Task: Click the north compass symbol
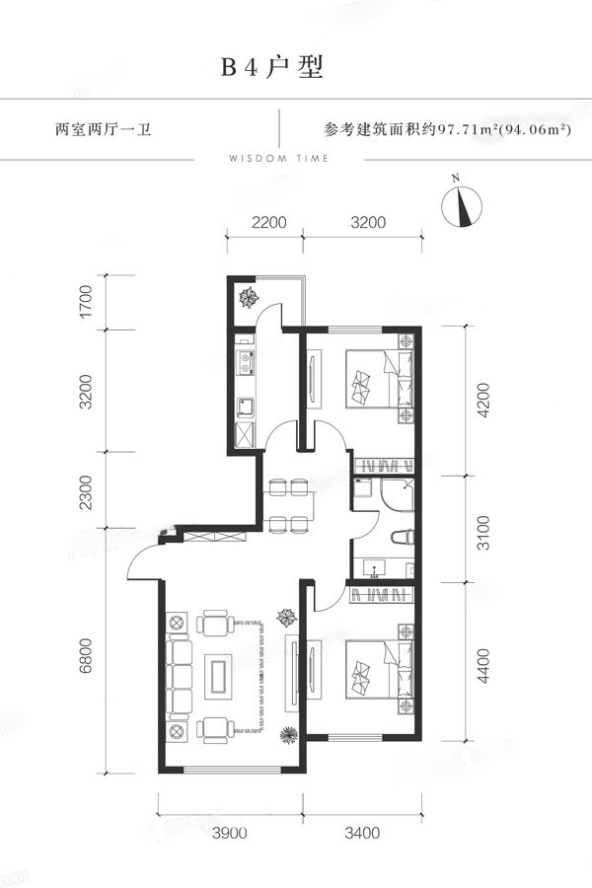tap(462, 205)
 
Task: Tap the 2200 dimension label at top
tap(269, 222)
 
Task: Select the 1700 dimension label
tap(85, 302)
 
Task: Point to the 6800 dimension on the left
tap(85, 656)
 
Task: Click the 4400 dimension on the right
tap(483, 666)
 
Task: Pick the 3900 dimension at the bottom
tap(230, 833)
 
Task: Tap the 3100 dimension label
tap(483, 533)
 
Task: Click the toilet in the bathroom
tap(403, 537)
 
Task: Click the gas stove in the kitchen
tap(245, 363)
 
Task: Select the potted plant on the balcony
tap(248, 296)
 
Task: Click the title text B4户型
tap(272, 67)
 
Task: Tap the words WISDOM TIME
tap(278, 159)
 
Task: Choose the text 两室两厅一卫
tap(103, 129)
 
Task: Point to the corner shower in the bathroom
tap(397, 494)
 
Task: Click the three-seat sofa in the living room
tap(179, 676)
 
